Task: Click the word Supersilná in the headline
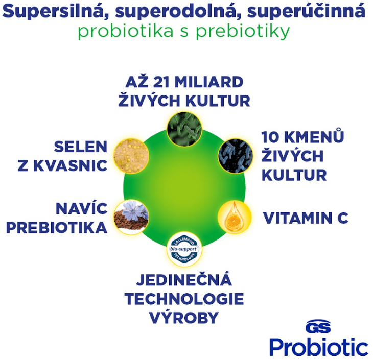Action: [x=55, y=11]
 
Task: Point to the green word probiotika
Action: [x=126, y=32]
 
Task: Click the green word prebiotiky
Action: [x=243, y=32]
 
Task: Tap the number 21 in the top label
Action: [x=161, y=82]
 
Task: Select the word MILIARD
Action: [x=209, y=82]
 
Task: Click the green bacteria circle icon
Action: [x=184, y=129]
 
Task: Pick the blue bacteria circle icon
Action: [x=236, y=156]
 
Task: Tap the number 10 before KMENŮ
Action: [x=270, y=137]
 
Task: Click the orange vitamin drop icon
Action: [x=235, y=217]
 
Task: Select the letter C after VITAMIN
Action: [x=343, y=218]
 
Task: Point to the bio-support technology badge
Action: [x=184, y=249]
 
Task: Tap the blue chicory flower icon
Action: [x=131, y=217]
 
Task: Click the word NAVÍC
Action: [x=81, y=209]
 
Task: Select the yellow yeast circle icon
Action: [x=131, y=156]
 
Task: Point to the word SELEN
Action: [x=80, y=147]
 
